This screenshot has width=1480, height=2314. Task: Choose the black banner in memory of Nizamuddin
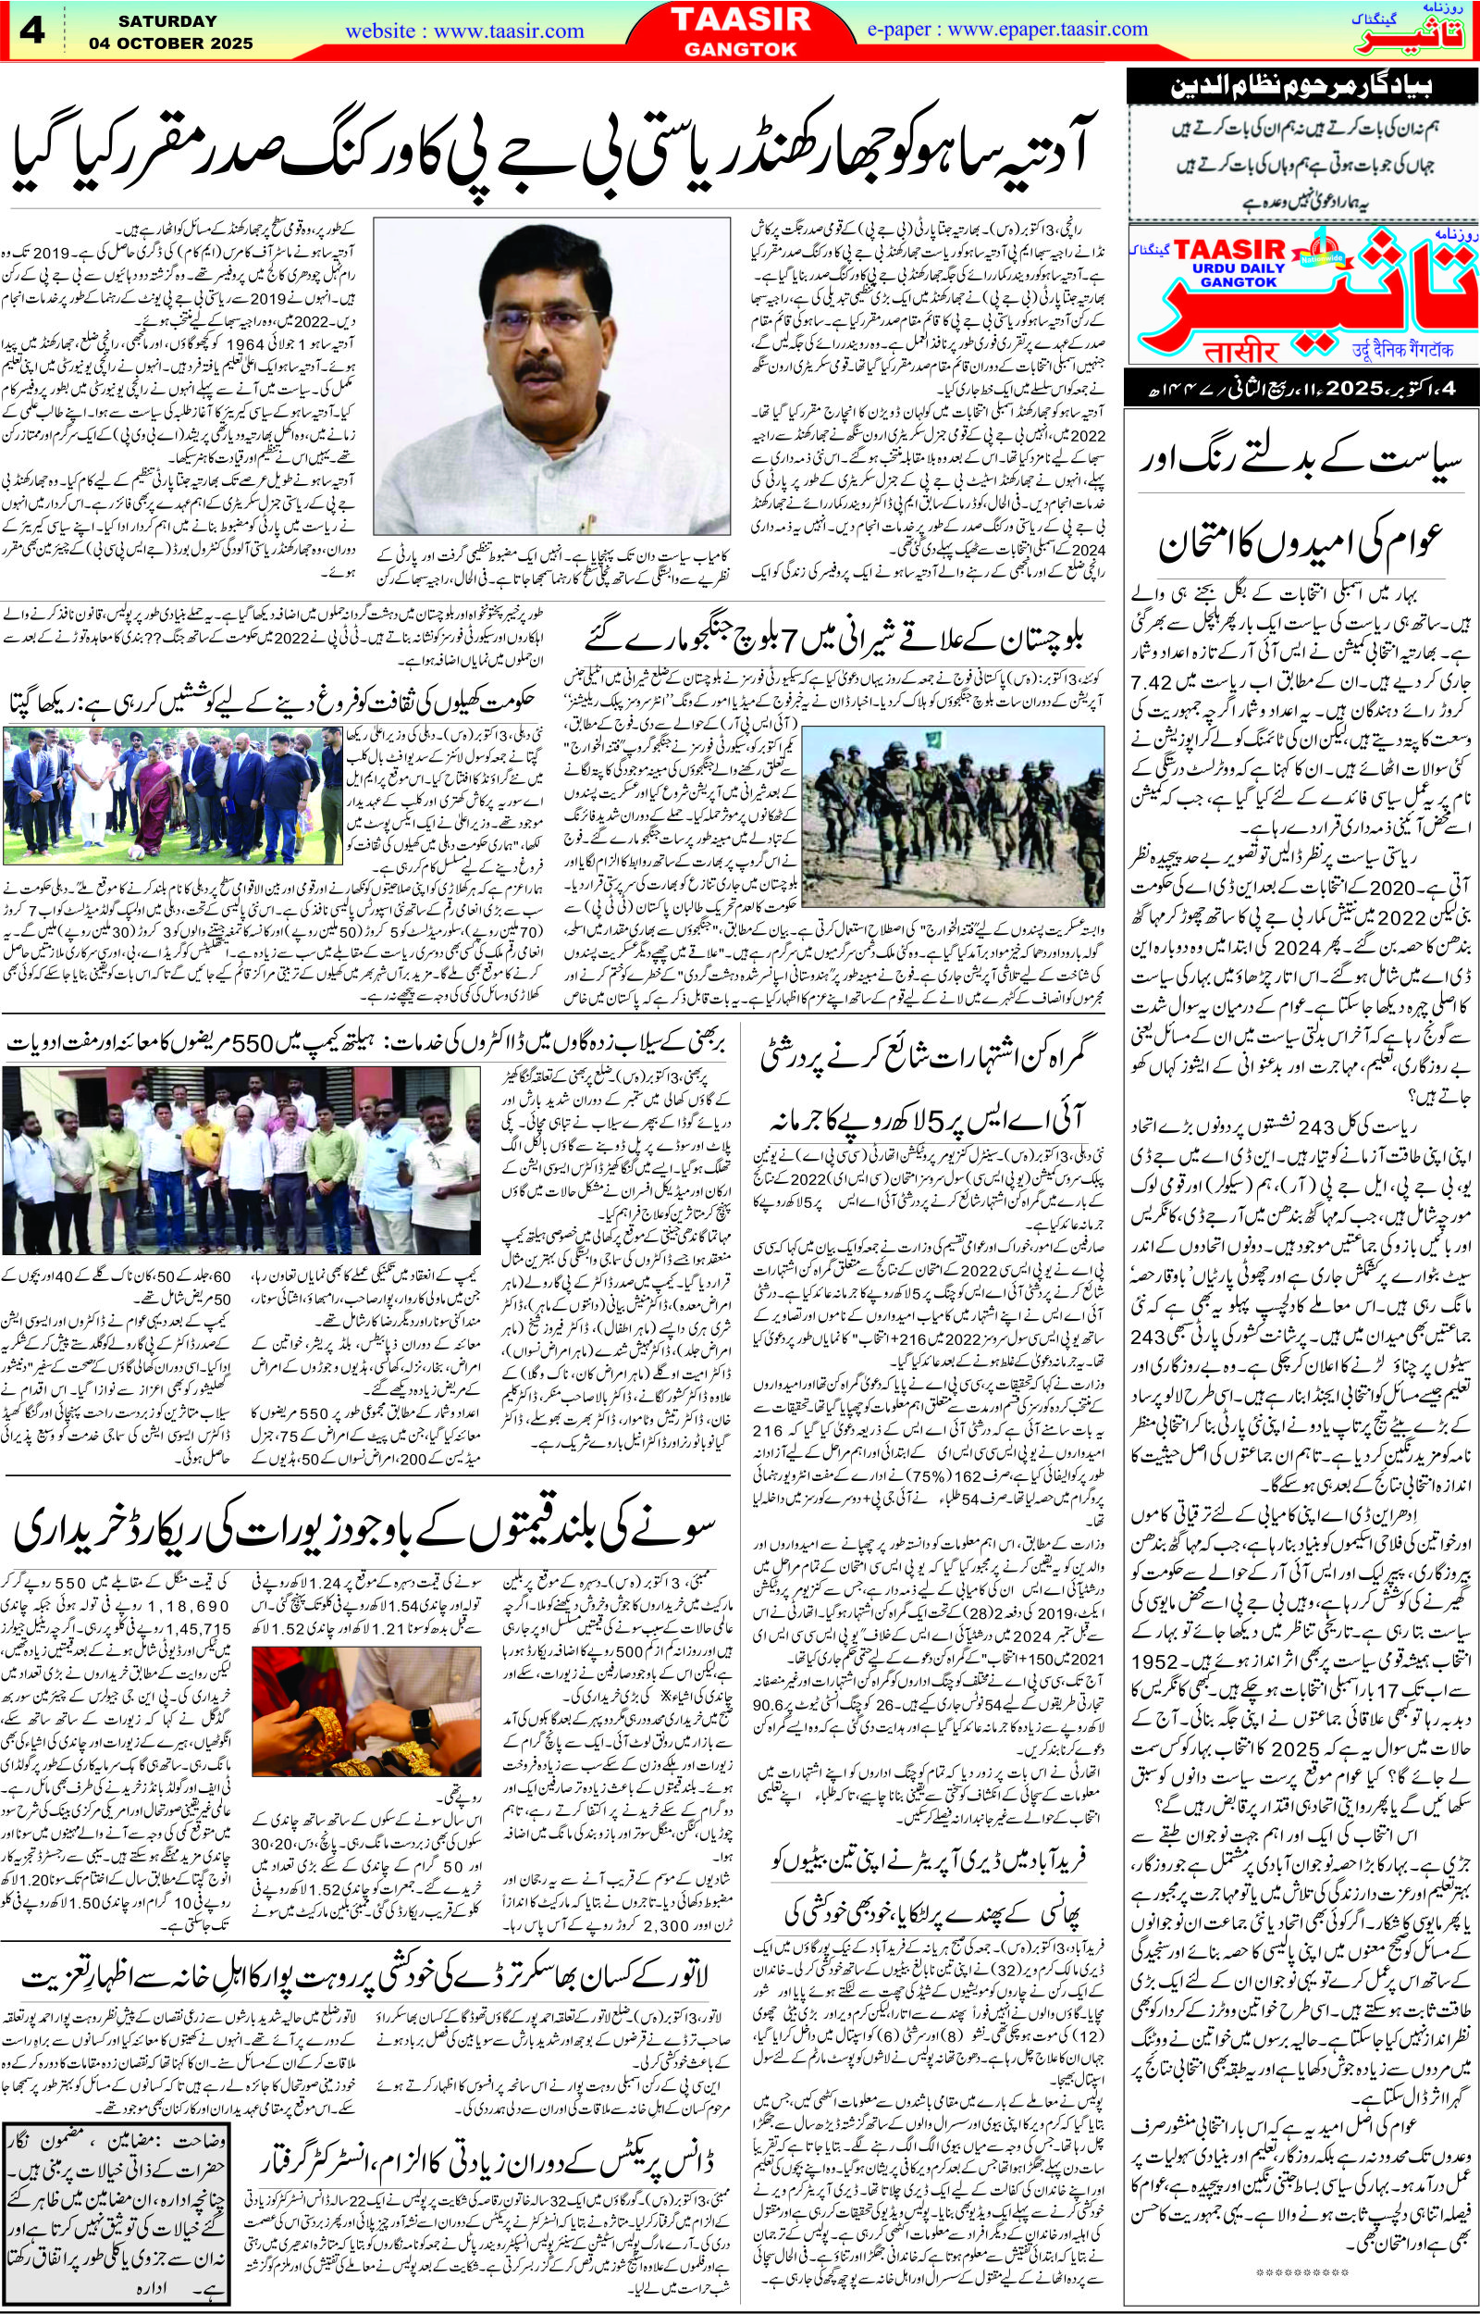click(x=1301, y=94)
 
